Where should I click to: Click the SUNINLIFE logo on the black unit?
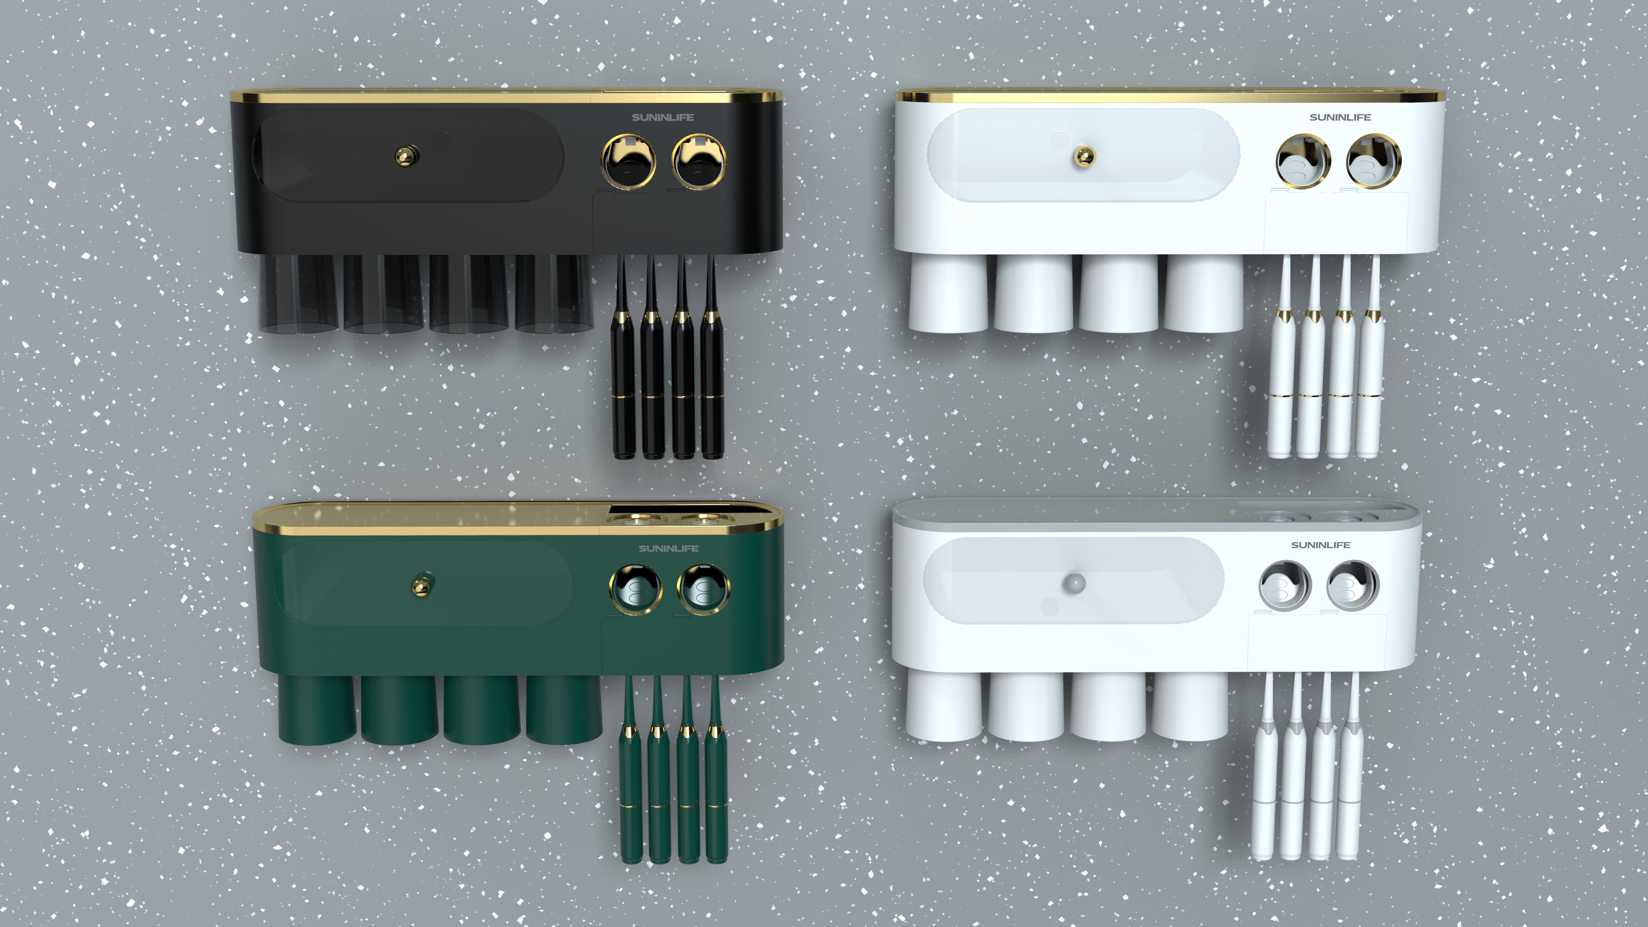663,118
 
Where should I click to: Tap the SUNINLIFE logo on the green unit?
669,548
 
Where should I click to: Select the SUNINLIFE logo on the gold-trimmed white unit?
1340,118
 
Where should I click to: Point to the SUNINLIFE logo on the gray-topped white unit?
1321,545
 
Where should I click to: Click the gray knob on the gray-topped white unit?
1074,583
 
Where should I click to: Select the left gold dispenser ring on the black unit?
628,161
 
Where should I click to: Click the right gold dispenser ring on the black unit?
699,161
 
